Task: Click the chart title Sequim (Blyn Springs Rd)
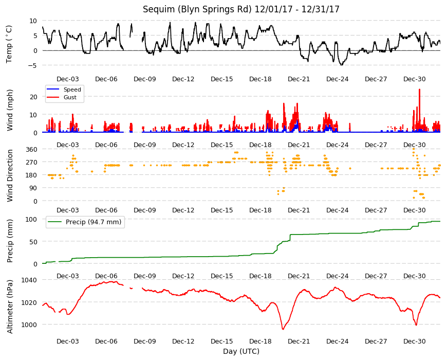click(x=197, y=9)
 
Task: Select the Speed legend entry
click(x=64, y=89)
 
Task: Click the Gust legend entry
click(x=62, y=97)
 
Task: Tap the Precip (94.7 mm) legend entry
click(x=85, y=222)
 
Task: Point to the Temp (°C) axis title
click(x=9, y=44)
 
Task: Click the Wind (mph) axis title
click(x=10, y=111)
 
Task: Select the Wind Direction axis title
click(x=10, y=176)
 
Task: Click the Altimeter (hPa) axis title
click(x=10, y=307)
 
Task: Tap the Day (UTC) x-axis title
click(x=241, y=351)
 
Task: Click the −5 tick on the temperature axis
click(x=32, y=66)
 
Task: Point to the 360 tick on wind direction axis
click(x=31, y=149)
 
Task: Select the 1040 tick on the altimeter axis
click(x=29, y=280)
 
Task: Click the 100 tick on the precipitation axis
click(x=31, y=220)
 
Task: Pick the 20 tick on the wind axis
click(x=33, y=97)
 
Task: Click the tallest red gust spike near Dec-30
click(x=419, y=89)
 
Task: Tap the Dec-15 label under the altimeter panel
click(x=222, y=341)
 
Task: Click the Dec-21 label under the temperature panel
click(x=299, y=79)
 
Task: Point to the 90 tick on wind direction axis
click(x=33, y=188)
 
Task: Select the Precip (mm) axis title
click(x=10, y=241)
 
